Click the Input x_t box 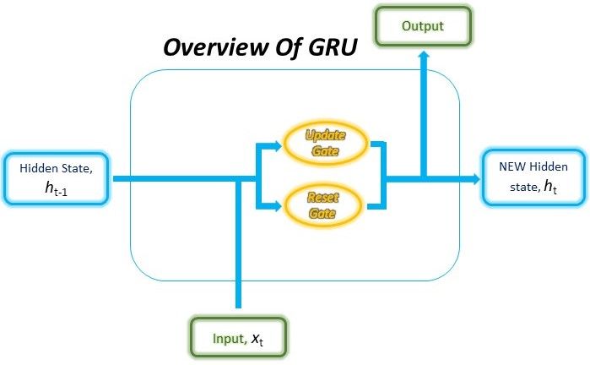coord(239,338)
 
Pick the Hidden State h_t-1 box coord(56,177)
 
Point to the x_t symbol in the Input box coord(257,339)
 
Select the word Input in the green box coord(227,339)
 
